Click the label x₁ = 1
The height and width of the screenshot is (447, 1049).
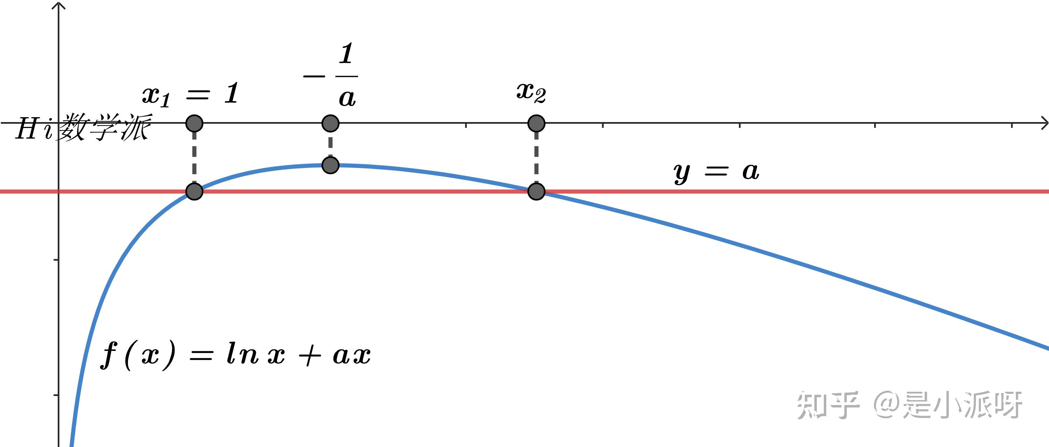coord(190,94)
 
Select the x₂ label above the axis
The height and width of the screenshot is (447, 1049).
coord(531,92)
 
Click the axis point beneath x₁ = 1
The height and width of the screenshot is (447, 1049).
coord(194,123)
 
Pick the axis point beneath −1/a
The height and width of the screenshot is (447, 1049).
coord(330,123)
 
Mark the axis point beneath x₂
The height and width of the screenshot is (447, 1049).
coord(536,123)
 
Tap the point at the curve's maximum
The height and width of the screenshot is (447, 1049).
coord(330,165)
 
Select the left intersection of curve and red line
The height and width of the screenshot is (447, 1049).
coord(194,191)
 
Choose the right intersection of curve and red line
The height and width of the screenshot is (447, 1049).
coord(536,191)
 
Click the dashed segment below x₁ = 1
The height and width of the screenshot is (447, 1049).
coord(194,157)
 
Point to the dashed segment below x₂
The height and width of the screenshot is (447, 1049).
coord(536,157)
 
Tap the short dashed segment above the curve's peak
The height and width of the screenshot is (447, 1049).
coord(330,144)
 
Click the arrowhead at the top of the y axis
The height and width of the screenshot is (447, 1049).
coord(59,5)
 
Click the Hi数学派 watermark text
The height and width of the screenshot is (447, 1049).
coord(84,128)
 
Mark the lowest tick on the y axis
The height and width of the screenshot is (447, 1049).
coord(56,395)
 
